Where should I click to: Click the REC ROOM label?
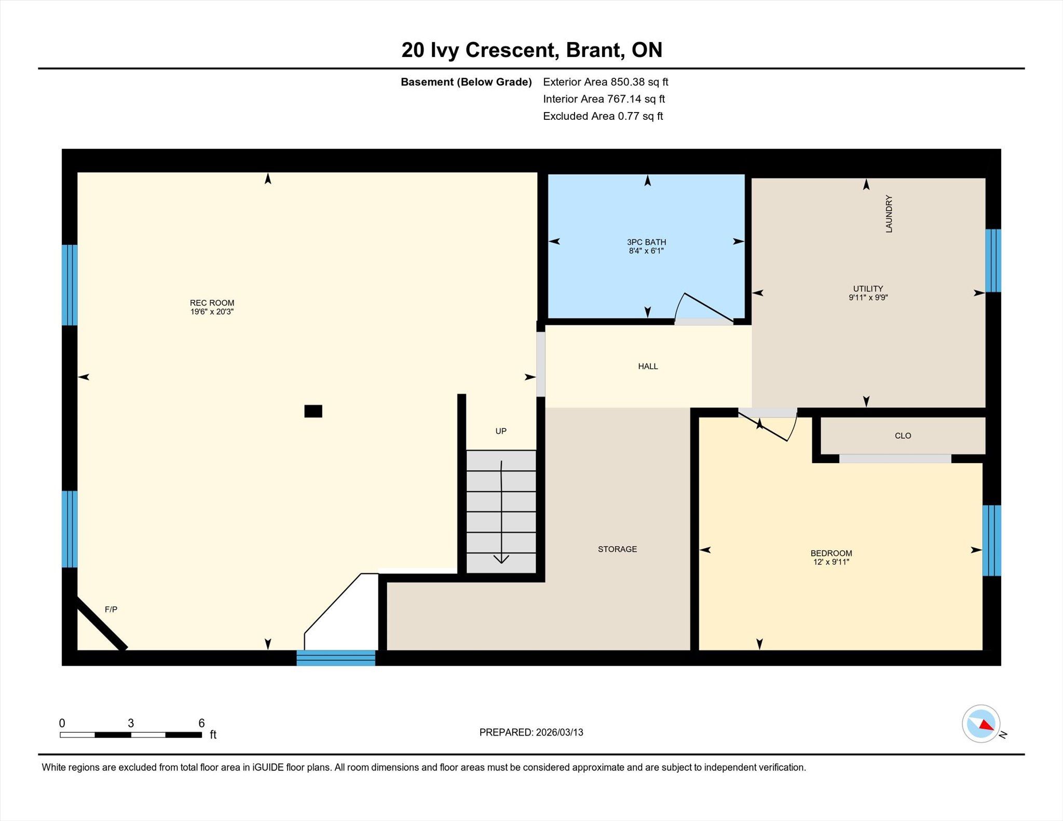212,303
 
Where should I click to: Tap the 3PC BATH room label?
646,242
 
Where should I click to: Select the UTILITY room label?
868,289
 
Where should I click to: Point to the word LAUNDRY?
889,214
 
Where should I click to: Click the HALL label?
648,366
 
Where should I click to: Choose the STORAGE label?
617,549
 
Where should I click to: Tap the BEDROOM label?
831,553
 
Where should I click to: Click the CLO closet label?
903,436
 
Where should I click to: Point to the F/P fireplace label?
111,609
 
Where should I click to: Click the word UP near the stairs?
501,431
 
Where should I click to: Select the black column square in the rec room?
313,411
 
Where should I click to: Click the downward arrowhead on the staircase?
501,559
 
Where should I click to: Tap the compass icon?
981,723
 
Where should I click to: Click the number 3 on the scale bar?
131,723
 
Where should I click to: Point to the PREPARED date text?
531,732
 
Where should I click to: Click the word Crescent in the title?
512,50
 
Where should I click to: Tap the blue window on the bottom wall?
336,658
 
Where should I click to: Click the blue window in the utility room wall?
993,260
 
